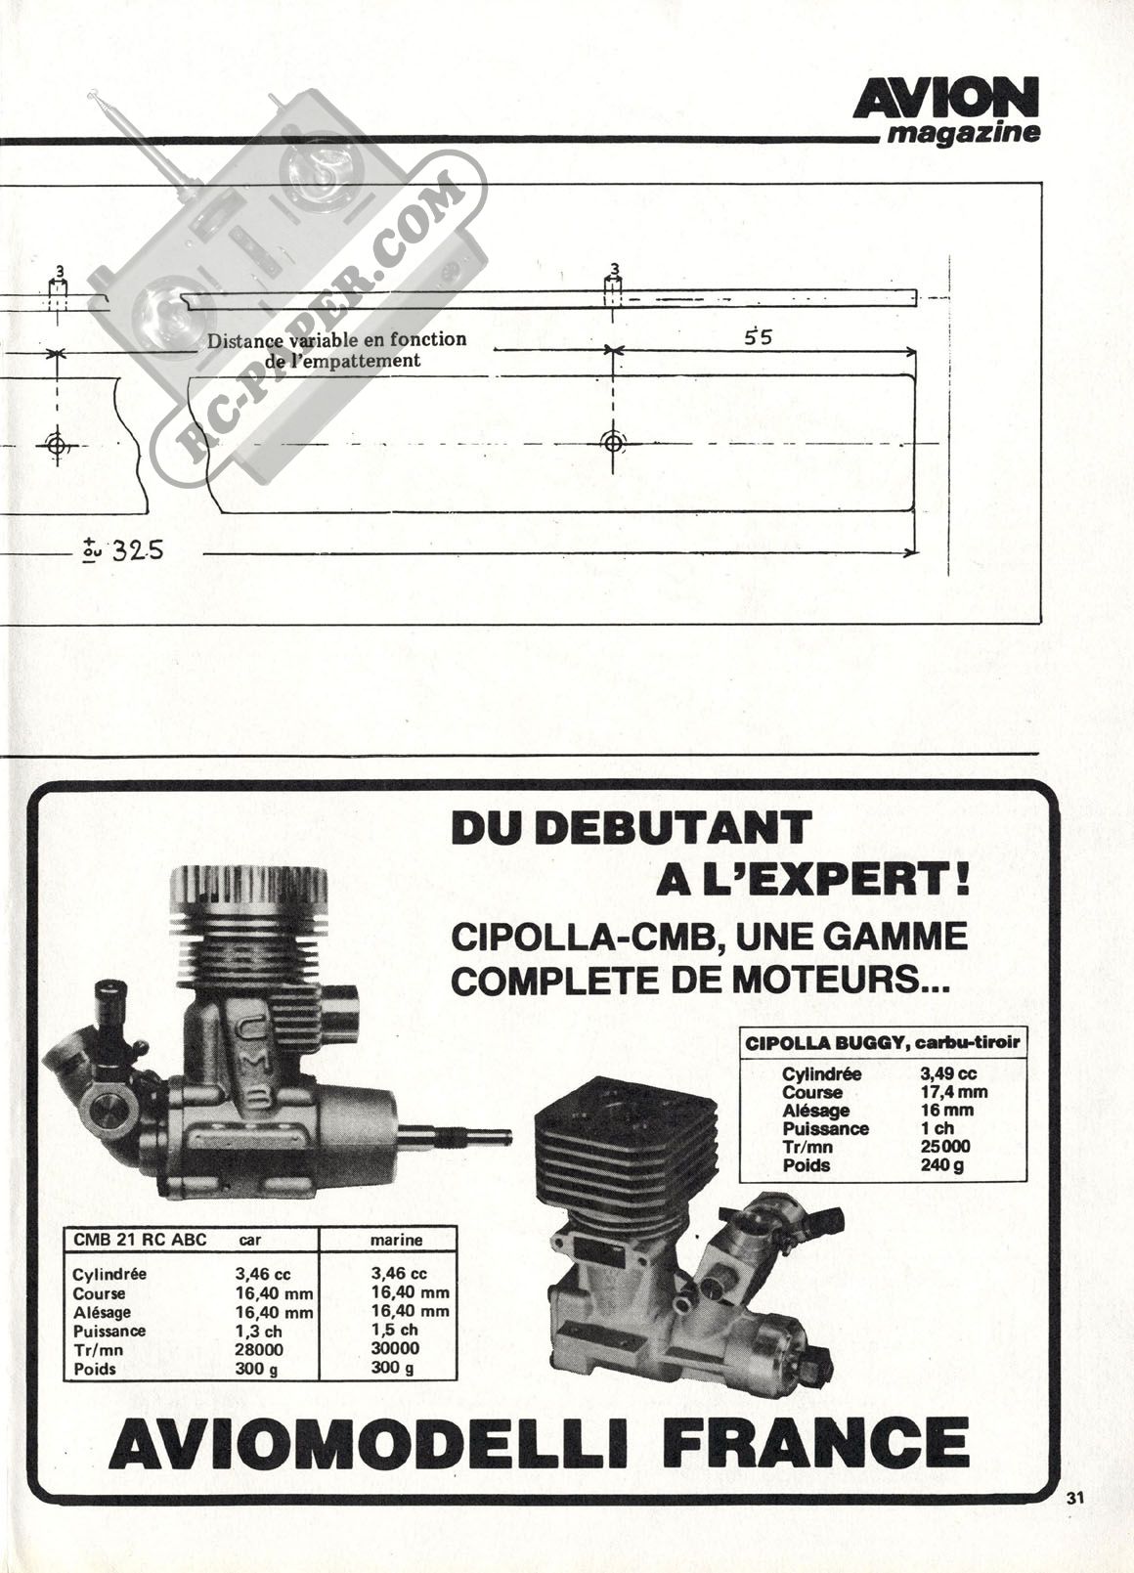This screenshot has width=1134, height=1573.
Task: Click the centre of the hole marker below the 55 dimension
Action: (613, 443)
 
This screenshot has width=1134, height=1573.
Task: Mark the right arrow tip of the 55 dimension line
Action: (915, 349)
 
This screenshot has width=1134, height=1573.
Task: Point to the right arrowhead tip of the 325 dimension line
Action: (918, 553)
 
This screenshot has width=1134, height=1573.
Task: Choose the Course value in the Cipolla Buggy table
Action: (954, 1093)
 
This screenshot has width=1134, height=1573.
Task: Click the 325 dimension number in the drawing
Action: (138, 551)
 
